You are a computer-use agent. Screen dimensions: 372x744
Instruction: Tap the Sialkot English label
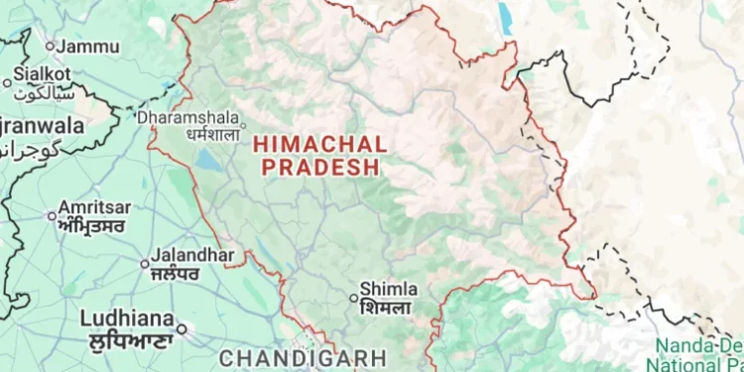(43, 73)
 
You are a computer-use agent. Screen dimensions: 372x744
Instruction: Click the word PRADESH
(321, 168)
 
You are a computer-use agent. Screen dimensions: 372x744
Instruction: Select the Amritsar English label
(94, 207)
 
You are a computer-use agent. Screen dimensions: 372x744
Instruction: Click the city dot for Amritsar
(53, 215)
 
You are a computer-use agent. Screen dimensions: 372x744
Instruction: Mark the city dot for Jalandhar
(145, 264)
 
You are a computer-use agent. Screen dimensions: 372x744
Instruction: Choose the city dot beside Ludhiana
(182, 326)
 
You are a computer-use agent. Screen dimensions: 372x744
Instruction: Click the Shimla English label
(388, 289)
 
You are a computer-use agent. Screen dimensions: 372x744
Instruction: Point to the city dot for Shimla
(352, 297)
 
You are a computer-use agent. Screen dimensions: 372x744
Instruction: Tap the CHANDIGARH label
(288, 356)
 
